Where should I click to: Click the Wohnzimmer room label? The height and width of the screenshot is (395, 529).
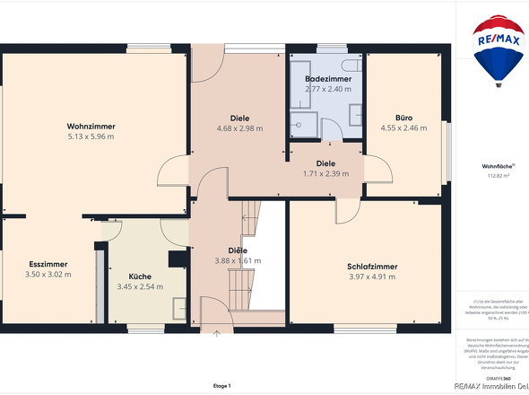click(x=91, y=127)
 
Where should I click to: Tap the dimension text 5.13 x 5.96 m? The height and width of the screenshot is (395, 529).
click(x=91, y=137)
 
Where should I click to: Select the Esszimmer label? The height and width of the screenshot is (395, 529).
click(x=49, y=264)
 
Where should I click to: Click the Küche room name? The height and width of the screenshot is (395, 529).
click(x=139, y=276)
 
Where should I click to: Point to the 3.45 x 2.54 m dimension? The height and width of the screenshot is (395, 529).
click(x=139, y=287)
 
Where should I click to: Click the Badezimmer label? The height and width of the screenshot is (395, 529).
click(x=327, y=79)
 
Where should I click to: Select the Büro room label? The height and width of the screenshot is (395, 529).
click(x=403, y=118)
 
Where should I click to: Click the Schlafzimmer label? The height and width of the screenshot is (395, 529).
click(x=371, y=267)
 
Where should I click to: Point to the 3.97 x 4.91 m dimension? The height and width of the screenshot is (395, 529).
click(x=371, y=277)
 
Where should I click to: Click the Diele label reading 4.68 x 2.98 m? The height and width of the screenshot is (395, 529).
click(x=238, y=118)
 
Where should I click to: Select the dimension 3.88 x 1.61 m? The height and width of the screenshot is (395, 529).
click(x=238, y=261)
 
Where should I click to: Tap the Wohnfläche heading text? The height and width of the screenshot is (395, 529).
click(x=496, y=166)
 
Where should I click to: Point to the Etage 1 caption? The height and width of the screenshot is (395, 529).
click(x=222, y=385)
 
